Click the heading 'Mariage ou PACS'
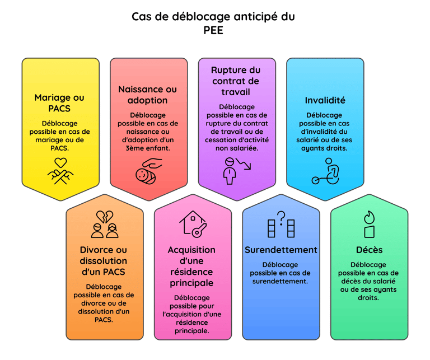point(60,102)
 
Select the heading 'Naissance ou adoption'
point(147,95)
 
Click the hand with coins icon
point(148,170)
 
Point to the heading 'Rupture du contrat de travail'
point(236,81)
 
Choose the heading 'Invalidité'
point(325,100)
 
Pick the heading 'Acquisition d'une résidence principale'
point(191,266)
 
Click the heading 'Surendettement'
point(281,250)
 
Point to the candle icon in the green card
point(369,223)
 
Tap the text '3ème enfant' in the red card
point(147,148)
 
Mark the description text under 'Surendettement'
point(281,273)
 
